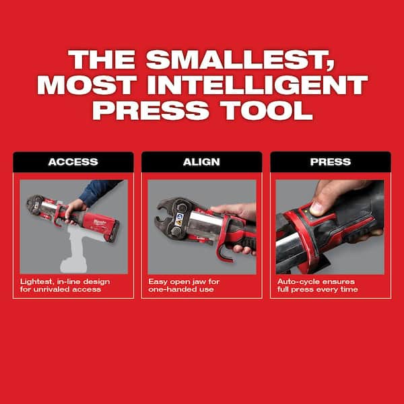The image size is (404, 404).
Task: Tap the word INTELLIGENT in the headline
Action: click(263, 86)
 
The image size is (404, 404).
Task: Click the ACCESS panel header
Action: click(73, 162)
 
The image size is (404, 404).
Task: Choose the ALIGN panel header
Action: click(201, 162)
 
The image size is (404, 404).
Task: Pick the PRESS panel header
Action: click(330, 162)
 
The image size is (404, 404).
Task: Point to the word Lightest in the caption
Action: click(35, 280)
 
